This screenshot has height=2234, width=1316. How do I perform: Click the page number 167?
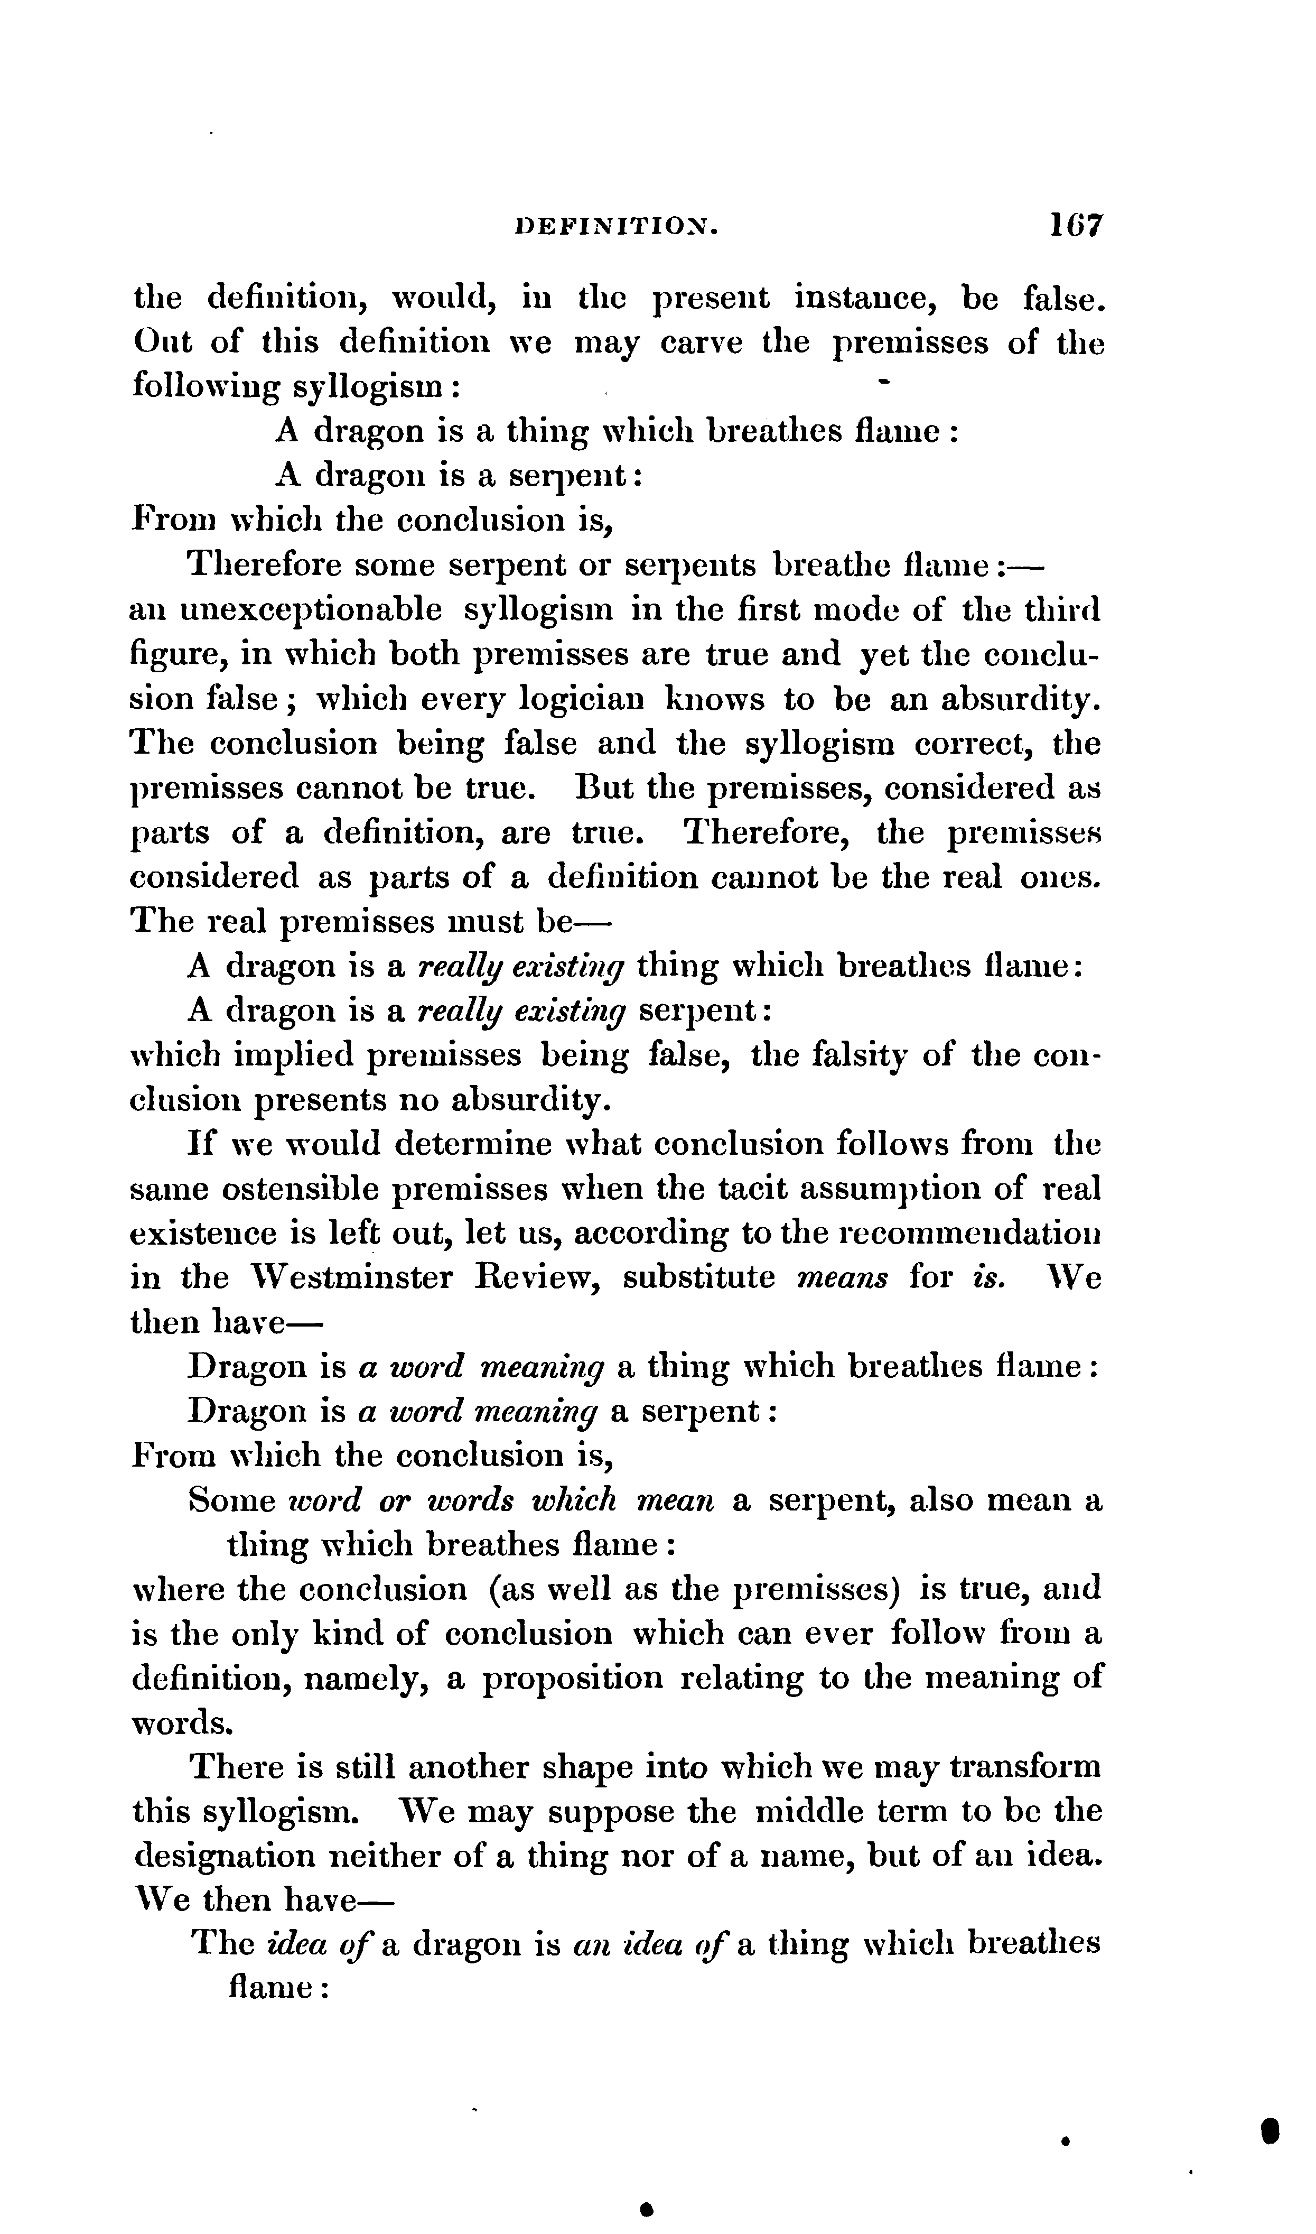tap(1075, 225)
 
